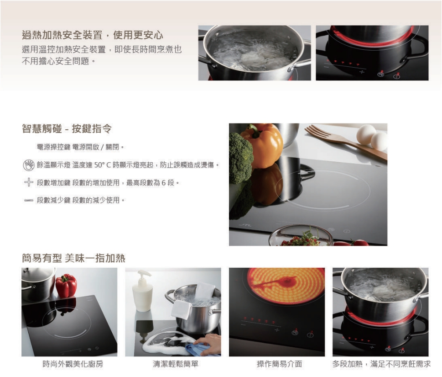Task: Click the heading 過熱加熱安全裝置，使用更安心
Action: tap(93, 35)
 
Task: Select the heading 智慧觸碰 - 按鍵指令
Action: tap(67, 128)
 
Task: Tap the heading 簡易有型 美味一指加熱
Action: tap(73, 258)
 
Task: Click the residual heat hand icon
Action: tap(29, 165)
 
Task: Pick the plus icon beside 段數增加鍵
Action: tap(29, 183)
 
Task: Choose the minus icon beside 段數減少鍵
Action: tap(29, 200)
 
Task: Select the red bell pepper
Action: tap(66, 286)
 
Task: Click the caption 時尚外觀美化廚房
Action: tap(69, 364)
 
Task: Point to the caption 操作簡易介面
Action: tap(279, 364)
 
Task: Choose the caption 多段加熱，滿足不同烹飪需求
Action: tap(381, 364)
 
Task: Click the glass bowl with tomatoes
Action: tap(301, 236)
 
